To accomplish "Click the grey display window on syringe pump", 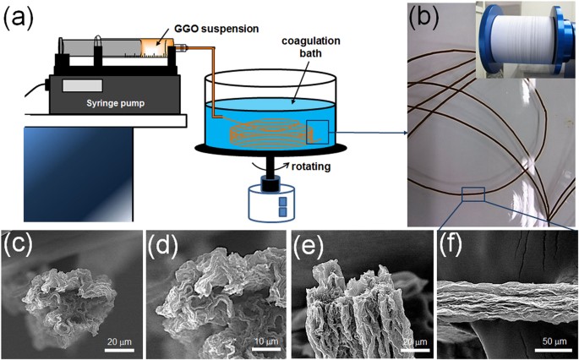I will point(81,87).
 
